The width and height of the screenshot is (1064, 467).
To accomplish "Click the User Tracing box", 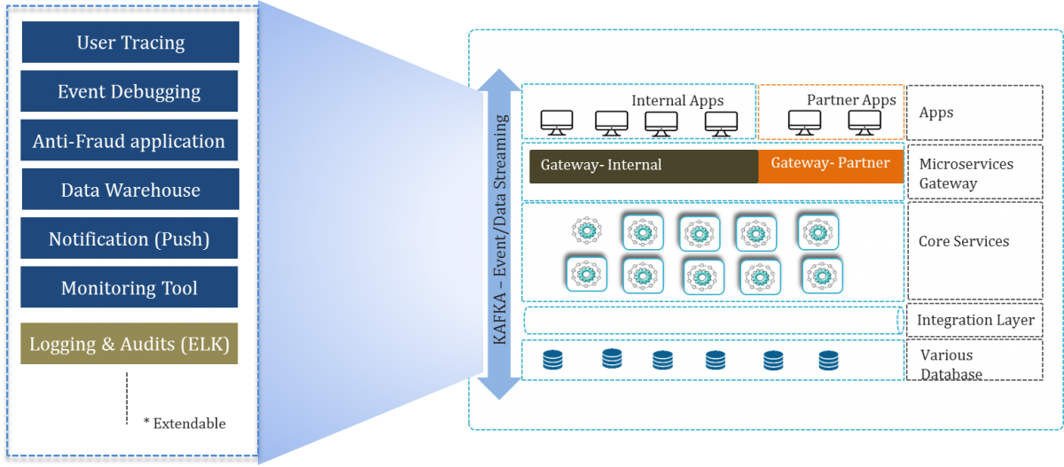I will pos(129,43).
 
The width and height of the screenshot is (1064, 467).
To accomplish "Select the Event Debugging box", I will pos(129,91).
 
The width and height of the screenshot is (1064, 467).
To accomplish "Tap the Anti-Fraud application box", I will pos(129,141).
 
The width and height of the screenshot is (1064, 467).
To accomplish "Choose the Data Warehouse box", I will pos(129,190).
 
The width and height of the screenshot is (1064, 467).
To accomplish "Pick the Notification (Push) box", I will pos(129,239).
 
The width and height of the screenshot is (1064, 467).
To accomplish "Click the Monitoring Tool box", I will pos(129,288).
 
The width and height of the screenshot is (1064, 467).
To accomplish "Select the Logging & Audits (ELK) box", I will pos(129,345).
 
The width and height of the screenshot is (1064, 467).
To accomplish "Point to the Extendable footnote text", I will pos(189,423).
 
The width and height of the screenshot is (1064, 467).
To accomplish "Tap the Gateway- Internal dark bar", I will pos(643,166).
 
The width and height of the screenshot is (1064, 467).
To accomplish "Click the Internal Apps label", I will pos(677,100).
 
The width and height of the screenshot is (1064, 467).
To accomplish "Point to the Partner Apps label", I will pos(851,100).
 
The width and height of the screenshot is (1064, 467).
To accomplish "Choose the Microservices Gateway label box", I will pos(974,174).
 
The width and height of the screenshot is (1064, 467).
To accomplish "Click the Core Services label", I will pos(964,241).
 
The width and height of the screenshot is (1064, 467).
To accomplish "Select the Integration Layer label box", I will pos(974,320).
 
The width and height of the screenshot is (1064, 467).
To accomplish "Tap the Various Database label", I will pos(951,364).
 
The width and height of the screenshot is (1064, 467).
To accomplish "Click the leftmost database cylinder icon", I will pos(553,359).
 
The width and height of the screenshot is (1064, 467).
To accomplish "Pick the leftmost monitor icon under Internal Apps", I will pos(557,123).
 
